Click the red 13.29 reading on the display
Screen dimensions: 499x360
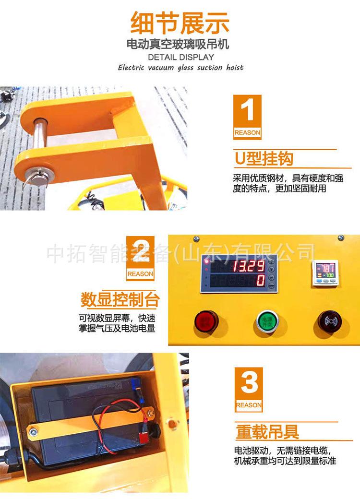248,266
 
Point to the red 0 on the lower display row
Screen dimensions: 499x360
260,280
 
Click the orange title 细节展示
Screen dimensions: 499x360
180,23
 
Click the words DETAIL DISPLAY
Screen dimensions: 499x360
180,57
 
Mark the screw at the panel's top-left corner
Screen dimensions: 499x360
196,238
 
